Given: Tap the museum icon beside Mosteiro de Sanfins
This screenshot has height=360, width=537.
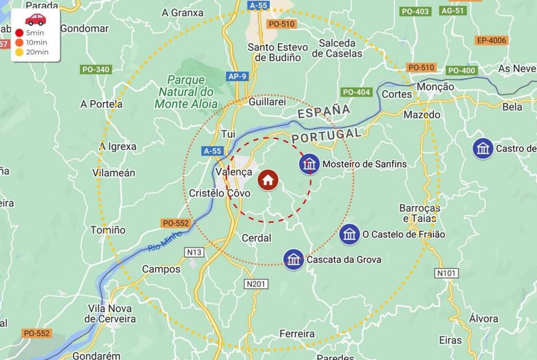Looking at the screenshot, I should pos(309,164).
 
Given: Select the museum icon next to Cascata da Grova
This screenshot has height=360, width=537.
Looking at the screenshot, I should pos(294,259).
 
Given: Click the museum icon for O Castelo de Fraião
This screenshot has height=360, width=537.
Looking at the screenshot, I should pos(350,234).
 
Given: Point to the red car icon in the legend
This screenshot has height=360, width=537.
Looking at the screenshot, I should pos(36,20).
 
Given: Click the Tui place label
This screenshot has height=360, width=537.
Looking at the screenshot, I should pos(228,134).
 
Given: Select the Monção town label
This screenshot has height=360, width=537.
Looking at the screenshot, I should pos(436,87).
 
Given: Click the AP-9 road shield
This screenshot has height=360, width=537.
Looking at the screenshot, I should pos(237,76).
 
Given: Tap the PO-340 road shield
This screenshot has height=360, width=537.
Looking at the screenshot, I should pos(96,69).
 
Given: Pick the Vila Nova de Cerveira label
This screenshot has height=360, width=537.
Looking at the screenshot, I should pos(110,314).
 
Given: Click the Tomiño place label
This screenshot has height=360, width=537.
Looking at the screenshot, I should pos(108,230).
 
